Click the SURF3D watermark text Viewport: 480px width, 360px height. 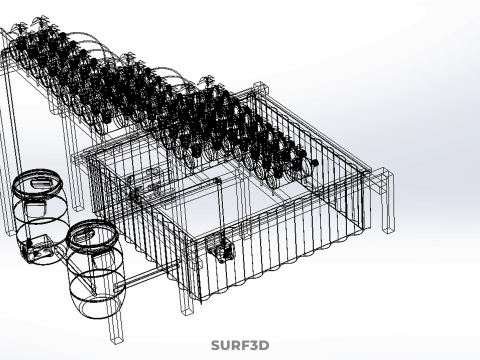240,345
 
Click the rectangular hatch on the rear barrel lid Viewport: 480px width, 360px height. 40,183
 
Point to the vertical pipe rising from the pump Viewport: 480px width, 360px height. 219,208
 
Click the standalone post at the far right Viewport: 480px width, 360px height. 387,200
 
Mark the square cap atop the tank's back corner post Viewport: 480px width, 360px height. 261,87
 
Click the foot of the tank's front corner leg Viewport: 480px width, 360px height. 188,311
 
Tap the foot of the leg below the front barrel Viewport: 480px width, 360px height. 117,339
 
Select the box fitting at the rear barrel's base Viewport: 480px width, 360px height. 36,248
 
